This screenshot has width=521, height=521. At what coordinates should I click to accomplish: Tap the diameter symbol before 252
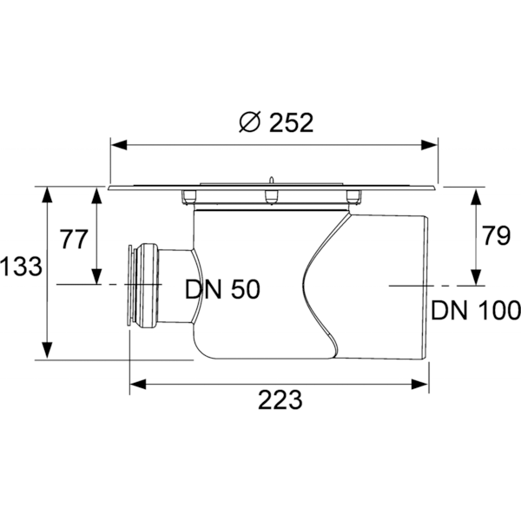248,123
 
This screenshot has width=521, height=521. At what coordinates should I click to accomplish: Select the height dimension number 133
21,267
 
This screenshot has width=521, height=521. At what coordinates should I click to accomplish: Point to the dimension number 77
73,238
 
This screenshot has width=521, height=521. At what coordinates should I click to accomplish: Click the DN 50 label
222,290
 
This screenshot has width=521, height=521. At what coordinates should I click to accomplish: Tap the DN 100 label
475,310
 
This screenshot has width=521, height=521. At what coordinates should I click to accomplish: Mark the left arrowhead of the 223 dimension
138,382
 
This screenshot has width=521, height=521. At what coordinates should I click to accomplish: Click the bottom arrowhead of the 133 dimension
44,352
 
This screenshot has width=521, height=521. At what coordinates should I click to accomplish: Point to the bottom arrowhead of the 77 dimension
97,278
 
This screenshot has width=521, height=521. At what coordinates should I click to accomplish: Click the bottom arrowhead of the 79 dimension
475,278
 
